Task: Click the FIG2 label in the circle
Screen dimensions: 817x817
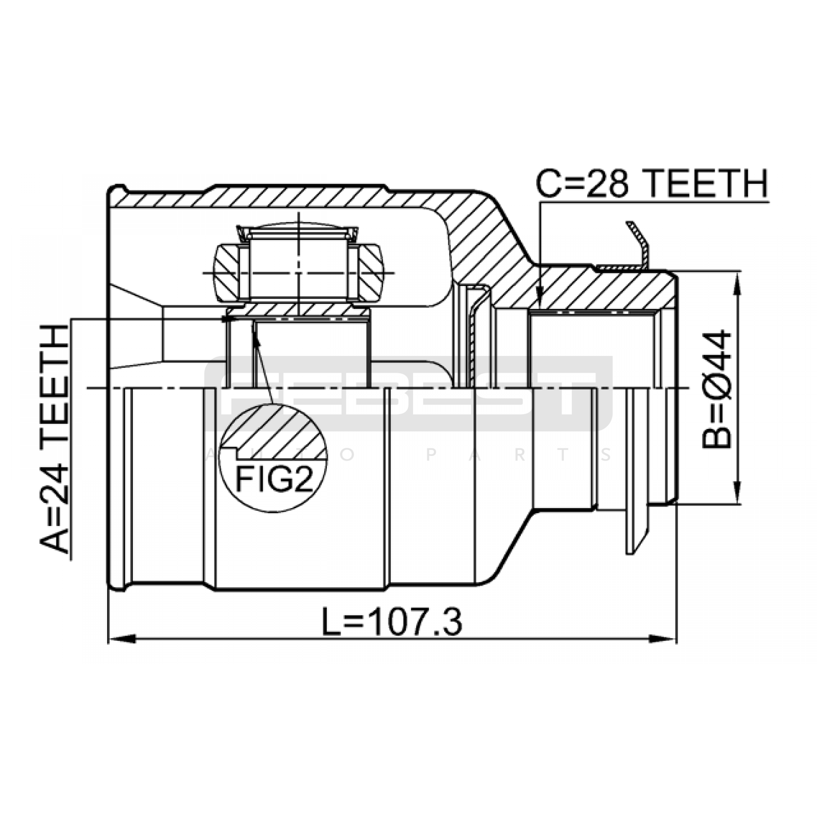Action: (x=274, y=479)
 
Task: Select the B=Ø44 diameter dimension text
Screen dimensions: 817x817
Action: (x=717, y=389)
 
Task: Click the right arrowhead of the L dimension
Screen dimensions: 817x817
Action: (x=663, y=638)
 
